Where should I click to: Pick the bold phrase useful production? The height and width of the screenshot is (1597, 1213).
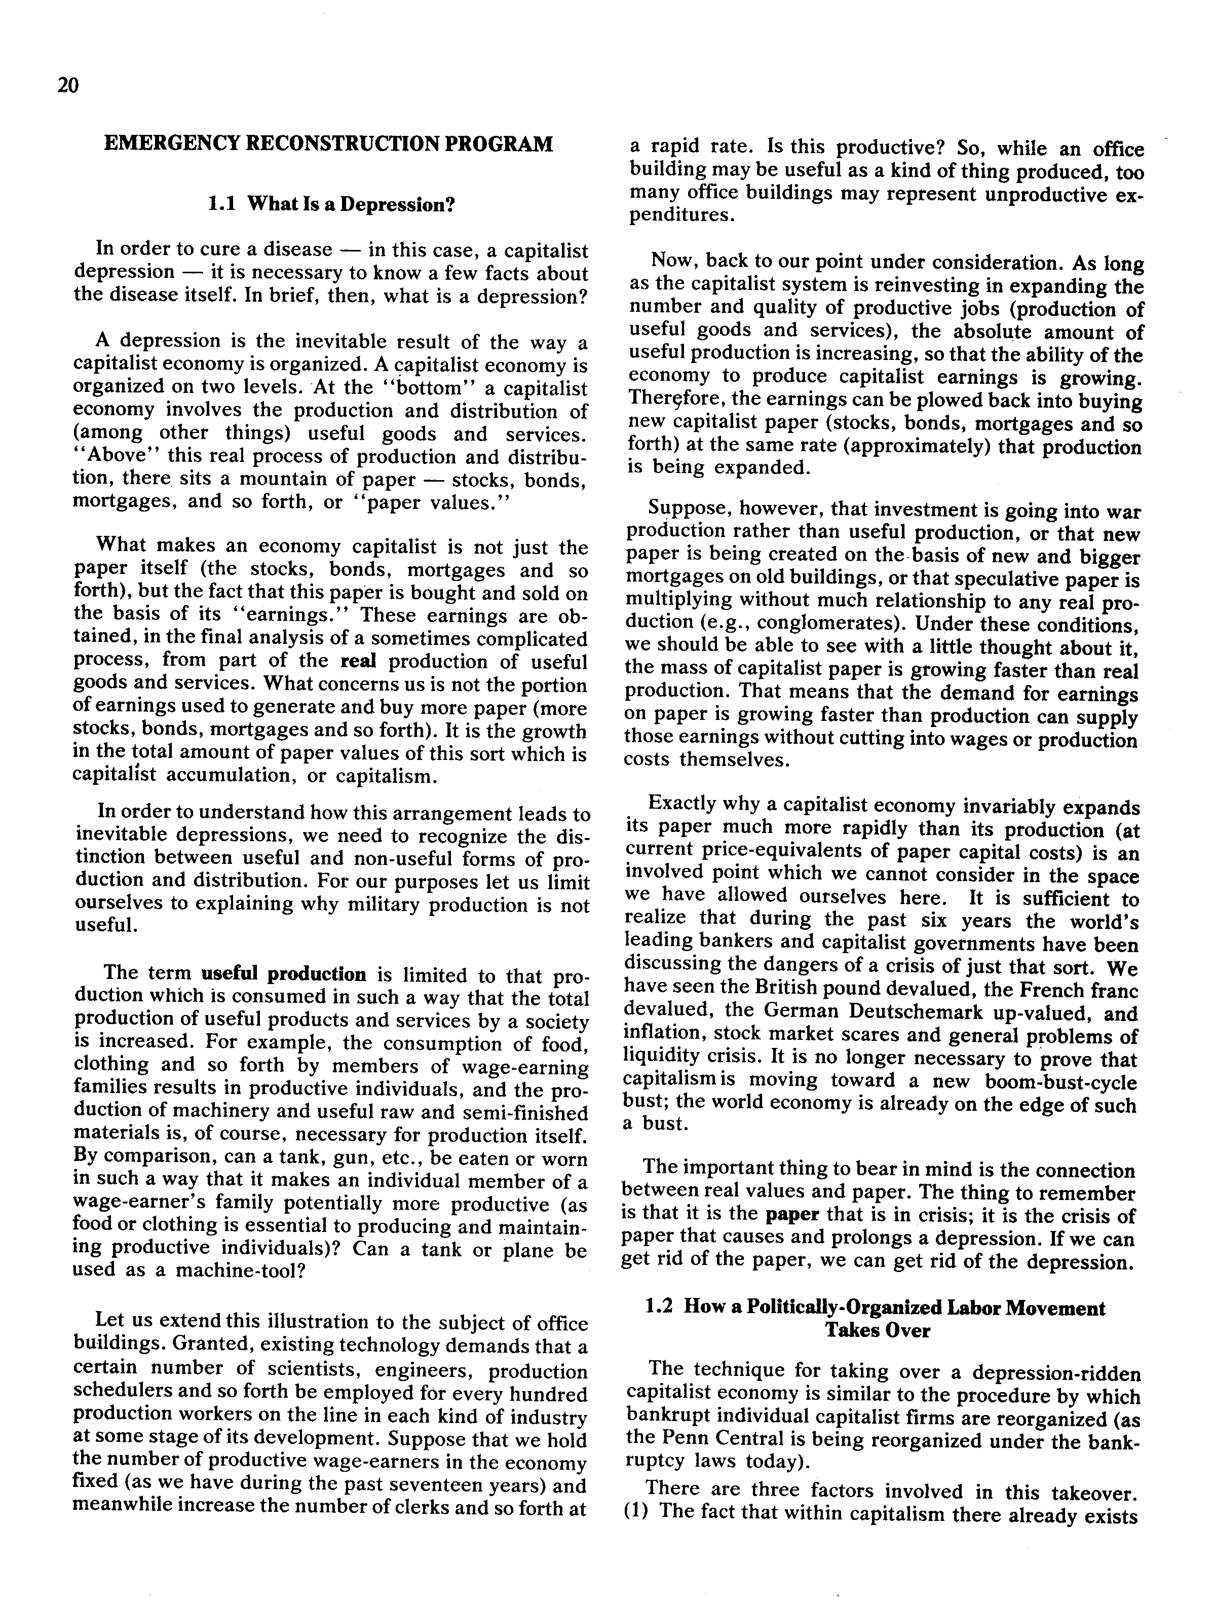[x=284, y=974]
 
